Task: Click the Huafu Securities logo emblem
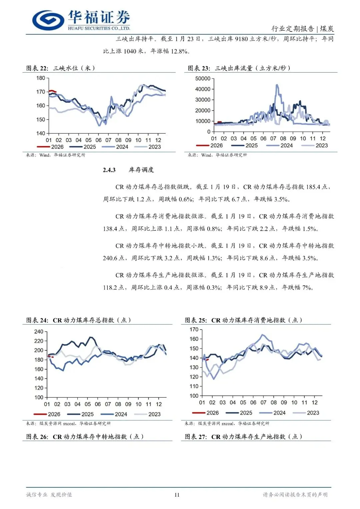(x=48, y=20)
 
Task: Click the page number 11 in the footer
(x=177, y=495)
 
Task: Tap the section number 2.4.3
(x=109, y=170)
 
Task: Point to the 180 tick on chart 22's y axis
(x=41, y=78)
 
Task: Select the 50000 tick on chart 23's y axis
(x=203, y=79)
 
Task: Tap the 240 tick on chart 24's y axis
(x=39, y=332)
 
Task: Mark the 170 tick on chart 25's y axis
(x=194, y=330)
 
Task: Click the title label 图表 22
(x=37, y=68)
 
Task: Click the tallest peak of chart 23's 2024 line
(x=277, y=85)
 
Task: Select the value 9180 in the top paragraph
(x=241, y=39)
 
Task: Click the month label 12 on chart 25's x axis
(x=315, y=402)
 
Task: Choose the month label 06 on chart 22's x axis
(x=98, y=140)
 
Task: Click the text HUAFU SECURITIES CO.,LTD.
(x=99, y=28)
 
